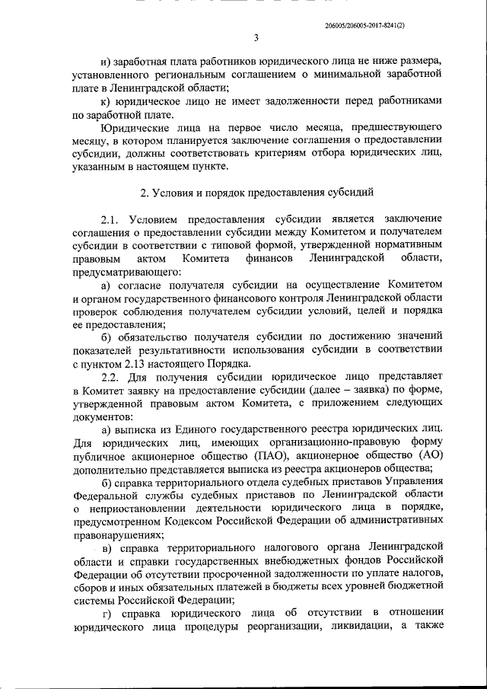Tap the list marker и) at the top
tap(106, 61)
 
